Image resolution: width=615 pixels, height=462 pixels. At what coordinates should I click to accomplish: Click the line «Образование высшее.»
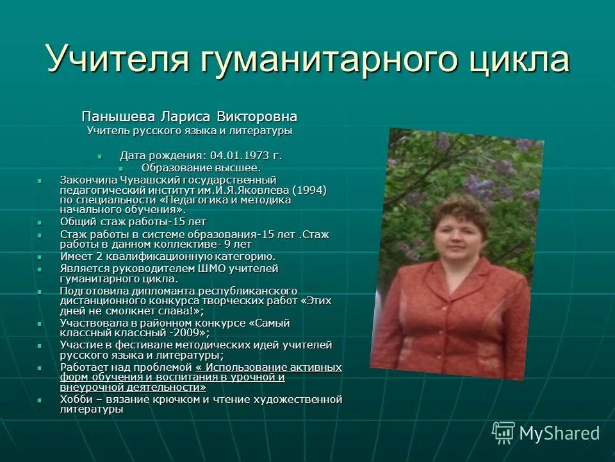[x=201, y=167]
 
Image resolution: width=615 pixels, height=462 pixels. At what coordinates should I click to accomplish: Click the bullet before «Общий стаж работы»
[x=40, y=222]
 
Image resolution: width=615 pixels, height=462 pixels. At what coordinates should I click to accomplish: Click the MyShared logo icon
[x=502, y=433]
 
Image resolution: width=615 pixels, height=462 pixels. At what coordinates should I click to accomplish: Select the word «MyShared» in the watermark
[x=559, y=434]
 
